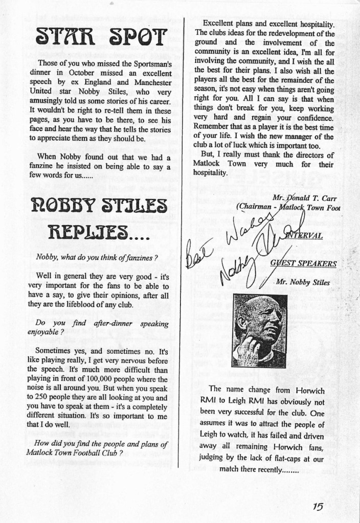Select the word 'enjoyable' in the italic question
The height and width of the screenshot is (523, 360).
pyautogui.click(x=49, y=332)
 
